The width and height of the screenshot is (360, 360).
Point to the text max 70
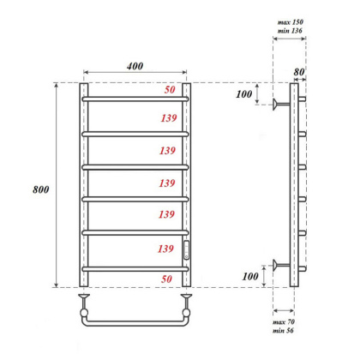286,322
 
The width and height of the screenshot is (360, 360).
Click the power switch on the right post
188,249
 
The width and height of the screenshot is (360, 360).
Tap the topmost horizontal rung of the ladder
136,99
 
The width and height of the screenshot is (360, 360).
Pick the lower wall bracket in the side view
279,267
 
